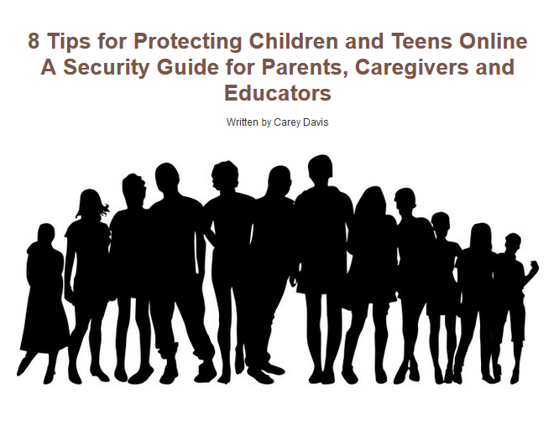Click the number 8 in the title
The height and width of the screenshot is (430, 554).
pyautogui.click(x=34, y=41)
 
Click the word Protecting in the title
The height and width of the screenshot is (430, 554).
pyautogui.click(x=188, y=41)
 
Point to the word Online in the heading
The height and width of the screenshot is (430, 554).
pyautogui.click(x=494, y=41)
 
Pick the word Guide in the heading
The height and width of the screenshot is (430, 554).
pyautogui.click(x=188, y=67)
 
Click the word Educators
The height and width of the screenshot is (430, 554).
pyautogui.click(x=278, y=93)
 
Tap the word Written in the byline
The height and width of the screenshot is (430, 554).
pyautogui.click(x=242, y=122)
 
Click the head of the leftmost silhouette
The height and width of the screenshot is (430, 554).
pyautogui.click(x=46, y=234)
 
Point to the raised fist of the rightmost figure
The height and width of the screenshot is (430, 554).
pyautogui.click(x=534, y=265)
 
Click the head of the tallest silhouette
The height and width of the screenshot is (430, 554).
pyautogui.click(x=320, y=168)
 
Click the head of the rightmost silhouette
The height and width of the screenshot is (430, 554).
pyautogui.click(x=513, y=243)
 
